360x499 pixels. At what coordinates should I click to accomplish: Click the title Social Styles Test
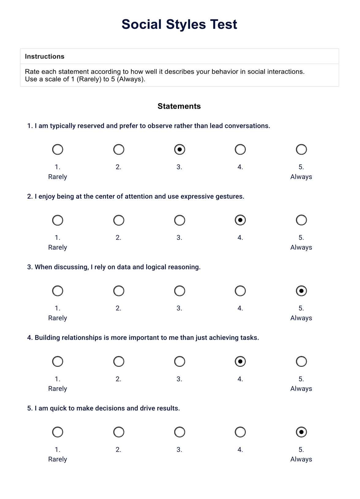[x=179, y=24]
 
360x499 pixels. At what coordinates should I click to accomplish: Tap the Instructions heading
[x=45, y=56]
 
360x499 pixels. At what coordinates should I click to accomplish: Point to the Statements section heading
[x=179, y=106]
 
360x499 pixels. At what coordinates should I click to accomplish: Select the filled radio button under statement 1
[x=180, y=149]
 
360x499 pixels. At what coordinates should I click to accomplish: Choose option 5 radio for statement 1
[x=301, y=149]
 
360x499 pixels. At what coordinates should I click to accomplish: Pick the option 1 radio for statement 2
[x=58, y=220]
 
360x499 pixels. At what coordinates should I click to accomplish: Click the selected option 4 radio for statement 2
[x=240, y=220]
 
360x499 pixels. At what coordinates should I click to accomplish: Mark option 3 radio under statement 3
[x=180, y=291]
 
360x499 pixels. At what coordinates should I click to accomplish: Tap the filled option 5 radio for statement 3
[x=301, y=291]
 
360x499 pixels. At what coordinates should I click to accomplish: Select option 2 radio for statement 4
[x=119, y=362]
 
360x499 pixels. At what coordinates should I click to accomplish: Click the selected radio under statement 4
[x=240, y=362]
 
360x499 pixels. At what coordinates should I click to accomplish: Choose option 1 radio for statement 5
[x=58, y=432]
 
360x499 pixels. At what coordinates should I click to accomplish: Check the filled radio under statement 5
[x=301, y=432]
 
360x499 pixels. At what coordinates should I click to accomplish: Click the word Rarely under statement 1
[x=58, y=177]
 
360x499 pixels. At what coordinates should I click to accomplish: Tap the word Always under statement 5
[x=301, y=459]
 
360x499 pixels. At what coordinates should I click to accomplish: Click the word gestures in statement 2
[x=232, y=197]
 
